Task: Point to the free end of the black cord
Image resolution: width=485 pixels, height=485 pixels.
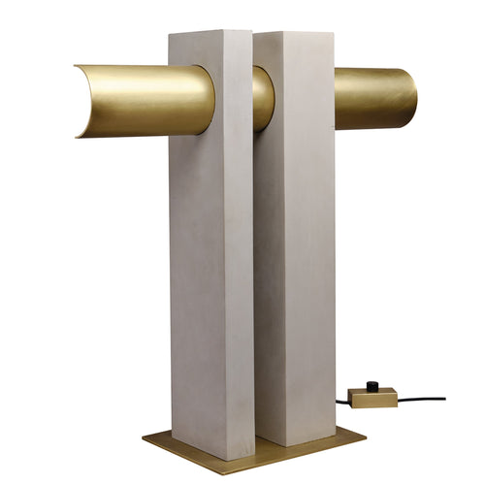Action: [x=443, y=398]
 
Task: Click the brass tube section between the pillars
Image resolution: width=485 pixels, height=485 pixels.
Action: [x=263, y=97]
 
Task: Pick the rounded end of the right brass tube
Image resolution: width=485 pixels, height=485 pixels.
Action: [x=411, y=97]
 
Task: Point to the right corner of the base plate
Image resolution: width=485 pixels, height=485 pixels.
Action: [x=365, y=434]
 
